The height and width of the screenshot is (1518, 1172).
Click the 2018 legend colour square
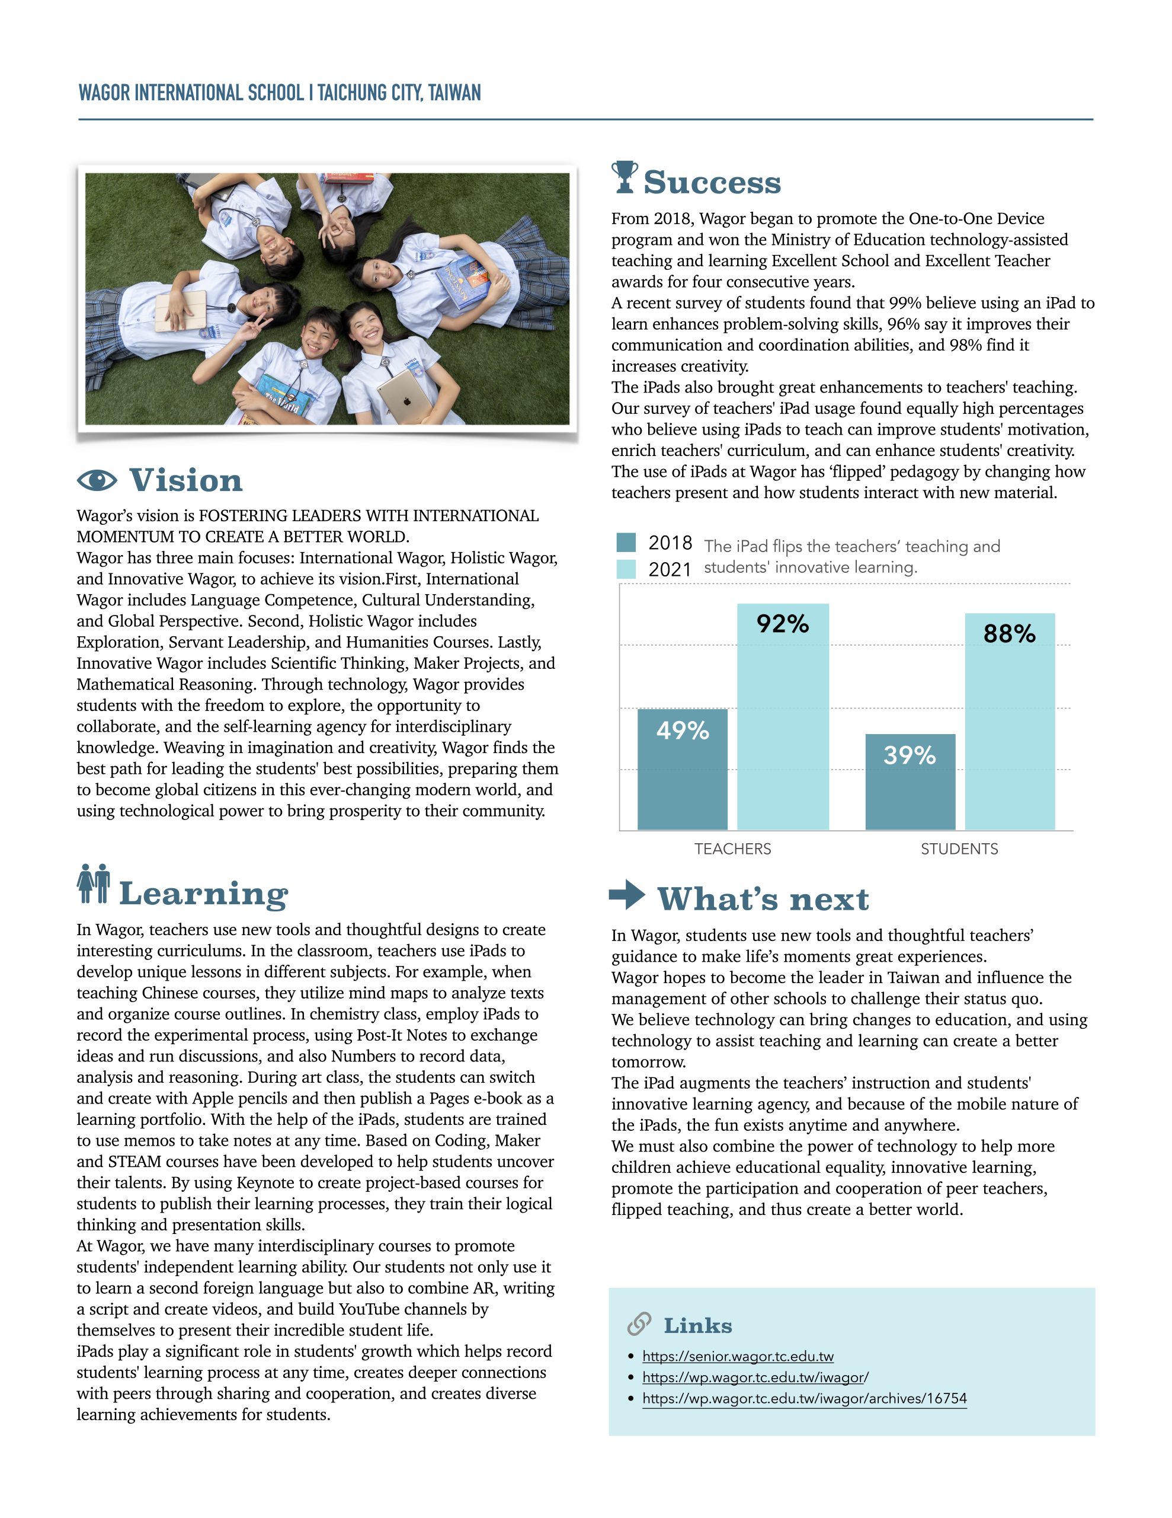pyautogui.click(x=625, y=542)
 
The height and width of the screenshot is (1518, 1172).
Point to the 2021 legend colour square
pyautogui.click(x=625, y=569)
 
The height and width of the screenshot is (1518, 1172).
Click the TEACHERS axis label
pyautogui.click(x=732, y=849)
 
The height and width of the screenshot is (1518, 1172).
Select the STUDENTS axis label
pyautogui.click(x=959, y=849)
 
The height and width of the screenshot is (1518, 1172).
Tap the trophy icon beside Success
pyautogui.click(x=625, y=177)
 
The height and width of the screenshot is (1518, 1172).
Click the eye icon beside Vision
pyautogui.click(x=97, y=480)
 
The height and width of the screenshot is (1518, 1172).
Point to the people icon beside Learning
pyautogui.click(x=94, y=884)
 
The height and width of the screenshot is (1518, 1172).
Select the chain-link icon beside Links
pyautogui.click(x=639, y=1324)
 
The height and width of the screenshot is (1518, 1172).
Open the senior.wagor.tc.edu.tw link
pyautogui.click(x=737, y=1356)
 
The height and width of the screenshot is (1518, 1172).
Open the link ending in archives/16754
pyautogui.click(x=804, y=1398)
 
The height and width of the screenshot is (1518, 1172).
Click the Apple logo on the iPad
pyautogui.click(x=407, y=399)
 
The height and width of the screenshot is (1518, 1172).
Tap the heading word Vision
pyautogui.click(x=185, y=480)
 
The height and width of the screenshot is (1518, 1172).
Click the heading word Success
pyautogui.click(x=712, y=182)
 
